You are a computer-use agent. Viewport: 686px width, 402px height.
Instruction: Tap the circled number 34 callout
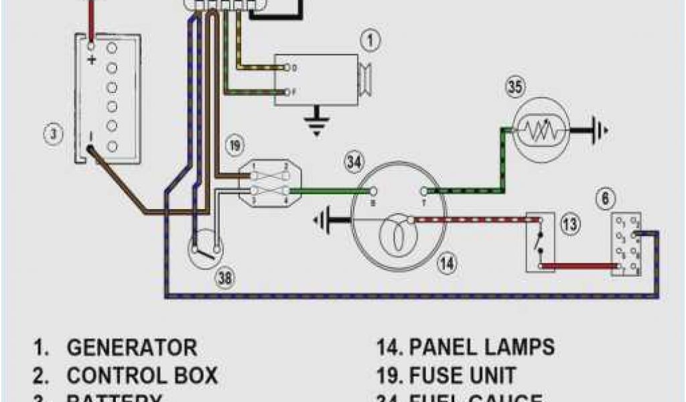coord(354,161)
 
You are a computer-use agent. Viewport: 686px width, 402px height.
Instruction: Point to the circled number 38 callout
coord(226,280)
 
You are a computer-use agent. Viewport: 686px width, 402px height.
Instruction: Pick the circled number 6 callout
coord(606,198)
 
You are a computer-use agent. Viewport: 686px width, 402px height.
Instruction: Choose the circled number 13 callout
coord(569,225)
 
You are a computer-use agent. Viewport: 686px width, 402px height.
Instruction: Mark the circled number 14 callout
coord(448,263)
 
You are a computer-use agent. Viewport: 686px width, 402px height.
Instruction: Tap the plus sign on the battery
coord(92,60)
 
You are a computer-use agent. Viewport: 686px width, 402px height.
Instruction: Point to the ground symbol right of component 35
coord(598,129)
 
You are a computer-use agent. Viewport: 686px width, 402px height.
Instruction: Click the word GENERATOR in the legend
coord(132,348)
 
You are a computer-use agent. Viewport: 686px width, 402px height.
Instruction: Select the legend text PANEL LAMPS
coord(482,347)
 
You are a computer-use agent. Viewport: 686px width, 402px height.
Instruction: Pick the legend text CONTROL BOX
coord(142,375)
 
